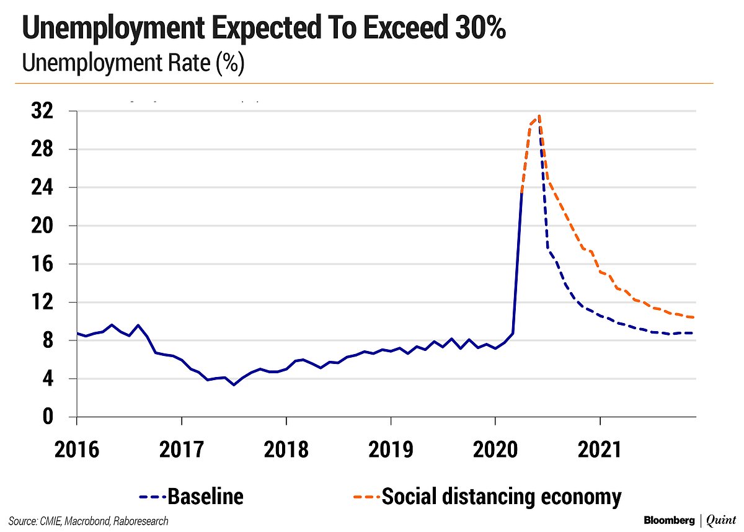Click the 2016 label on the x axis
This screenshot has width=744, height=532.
point(76,449)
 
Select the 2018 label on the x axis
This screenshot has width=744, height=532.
point(286,449)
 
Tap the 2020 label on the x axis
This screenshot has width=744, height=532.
point(495,449)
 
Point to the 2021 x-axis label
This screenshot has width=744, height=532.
point(600,449)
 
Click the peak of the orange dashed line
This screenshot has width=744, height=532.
point(540,116)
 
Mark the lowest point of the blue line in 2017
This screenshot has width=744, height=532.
point(233,385)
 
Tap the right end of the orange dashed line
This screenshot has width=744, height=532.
point(694,317)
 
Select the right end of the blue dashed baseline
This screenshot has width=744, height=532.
point(694,333)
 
